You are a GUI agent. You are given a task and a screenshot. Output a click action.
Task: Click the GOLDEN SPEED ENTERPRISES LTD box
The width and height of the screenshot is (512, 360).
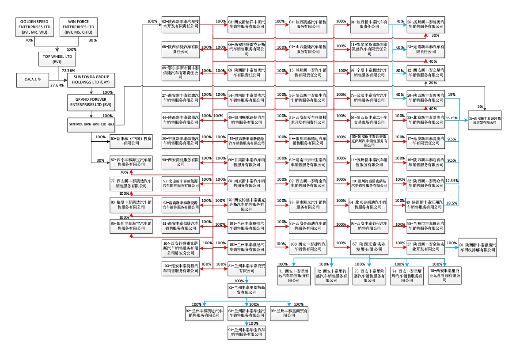34,27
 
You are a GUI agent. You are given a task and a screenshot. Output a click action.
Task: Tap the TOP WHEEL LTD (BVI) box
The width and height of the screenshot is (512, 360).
57,59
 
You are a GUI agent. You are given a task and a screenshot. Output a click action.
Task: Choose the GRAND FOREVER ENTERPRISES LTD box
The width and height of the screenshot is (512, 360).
91,102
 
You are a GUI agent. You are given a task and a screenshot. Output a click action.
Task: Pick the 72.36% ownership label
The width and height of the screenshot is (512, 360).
68,71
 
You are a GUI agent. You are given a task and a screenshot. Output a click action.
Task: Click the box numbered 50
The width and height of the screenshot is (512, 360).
131,140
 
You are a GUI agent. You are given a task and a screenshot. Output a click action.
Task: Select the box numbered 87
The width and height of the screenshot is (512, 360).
131,163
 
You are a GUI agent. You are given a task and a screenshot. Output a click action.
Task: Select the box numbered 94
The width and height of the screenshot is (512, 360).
247,332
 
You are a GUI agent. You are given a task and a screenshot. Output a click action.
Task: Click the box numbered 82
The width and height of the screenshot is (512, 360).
247,289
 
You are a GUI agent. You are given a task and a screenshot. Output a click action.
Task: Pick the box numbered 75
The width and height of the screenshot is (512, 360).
445,275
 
